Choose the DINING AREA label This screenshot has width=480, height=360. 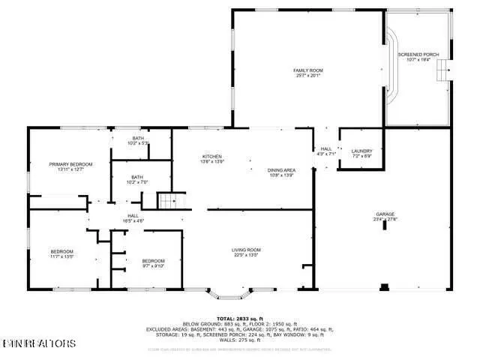282,171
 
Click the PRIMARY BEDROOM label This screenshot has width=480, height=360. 70,166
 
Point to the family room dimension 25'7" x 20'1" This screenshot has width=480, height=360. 307,75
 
